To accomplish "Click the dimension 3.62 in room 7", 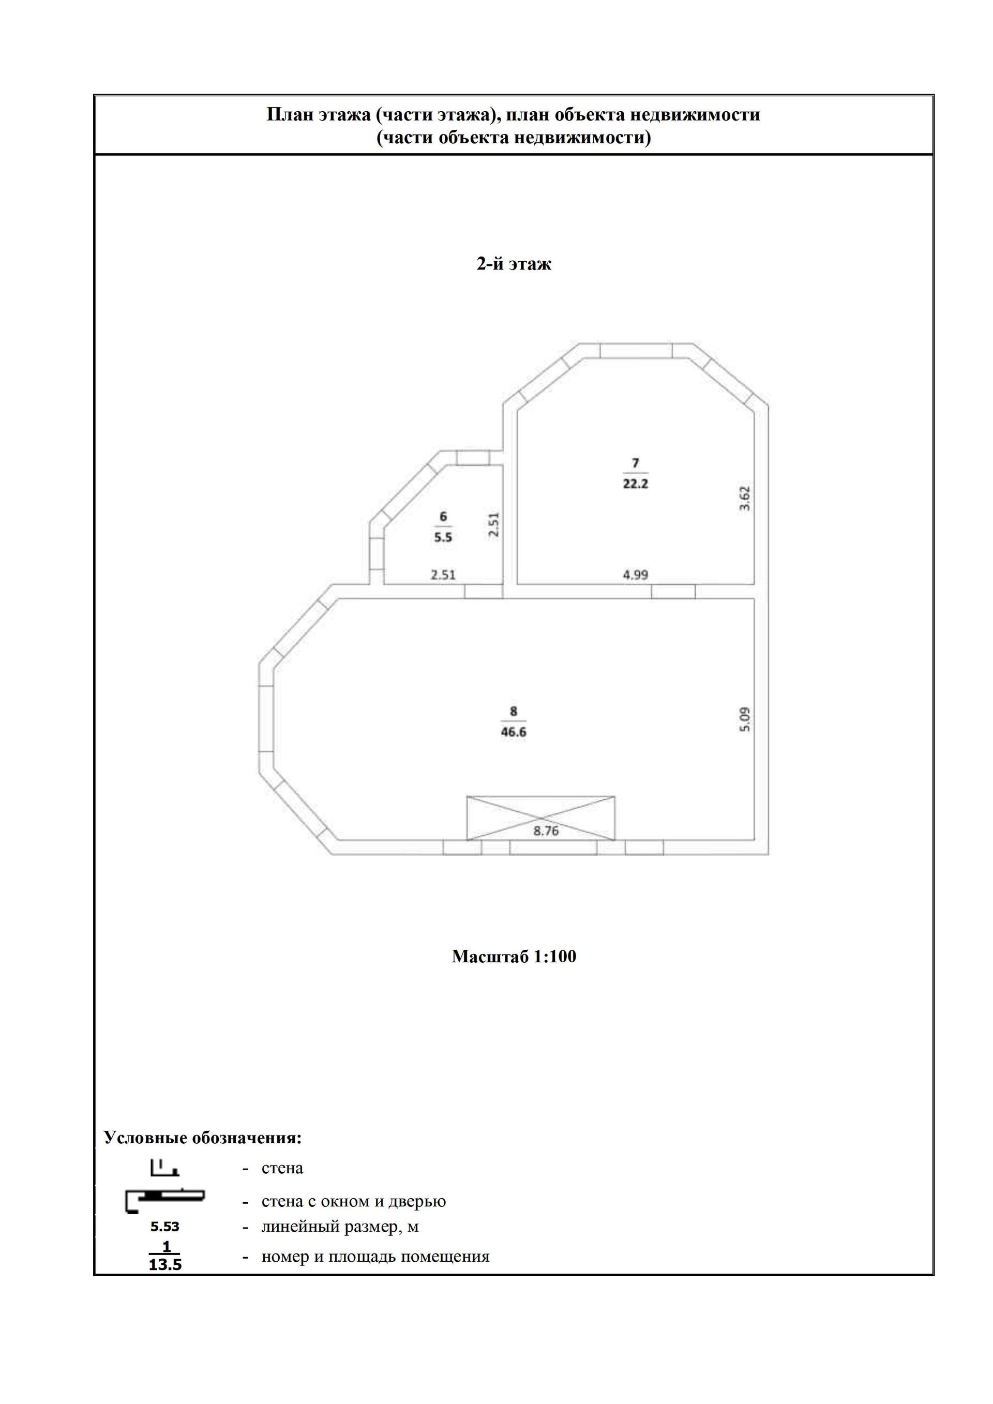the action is point(744,498).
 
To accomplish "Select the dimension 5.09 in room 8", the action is point(744,719).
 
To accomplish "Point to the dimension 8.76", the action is point(546,831).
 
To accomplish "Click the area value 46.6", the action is point(514,732).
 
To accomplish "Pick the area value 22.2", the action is point(635,484).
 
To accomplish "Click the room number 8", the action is point(514,711).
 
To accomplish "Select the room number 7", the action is point(635,462).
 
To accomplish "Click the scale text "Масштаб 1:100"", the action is point(514,957).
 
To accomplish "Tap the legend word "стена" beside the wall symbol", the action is point(282,1168).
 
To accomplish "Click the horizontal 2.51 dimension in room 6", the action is point(443,575).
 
